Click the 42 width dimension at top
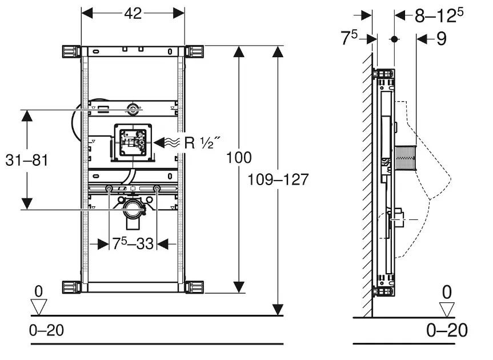click(133, 14)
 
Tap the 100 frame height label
click(239, 157)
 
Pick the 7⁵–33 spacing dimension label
click(133, 243)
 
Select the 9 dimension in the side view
click(440, 39)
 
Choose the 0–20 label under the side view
click(447, 330)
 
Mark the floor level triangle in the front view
click(38, 307)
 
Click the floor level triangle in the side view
click(447, 309)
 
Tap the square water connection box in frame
click(133, 142)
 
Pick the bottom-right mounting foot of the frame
click(194, 286)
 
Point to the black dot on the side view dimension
click(394, 39)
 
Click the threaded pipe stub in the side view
click(406, 156)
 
